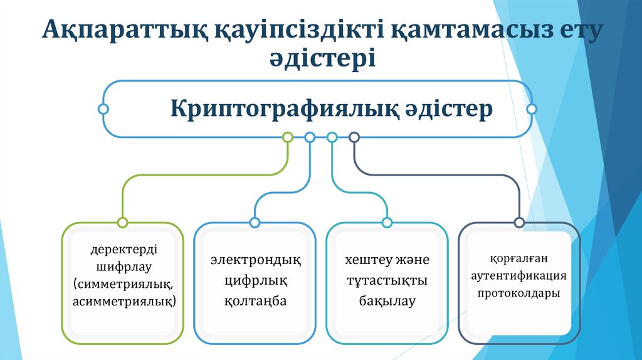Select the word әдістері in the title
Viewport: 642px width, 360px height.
321,60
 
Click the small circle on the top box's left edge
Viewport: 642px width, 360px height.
103,109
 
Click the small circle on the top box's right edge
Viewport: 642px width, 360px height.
532,109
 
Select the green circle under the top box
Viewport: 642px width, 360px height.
288,137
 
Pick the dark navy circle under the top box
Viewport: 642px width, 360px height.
354,137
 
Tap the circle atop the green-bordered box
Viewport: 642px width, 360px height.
122,222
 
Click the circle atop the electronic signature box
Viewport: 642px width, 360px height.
255,222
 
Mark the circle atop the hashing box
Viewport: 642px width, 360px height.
387,222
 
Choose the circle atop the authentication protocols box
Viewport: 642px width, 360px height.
519,222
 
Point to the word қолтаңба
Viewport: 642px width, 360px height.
255,301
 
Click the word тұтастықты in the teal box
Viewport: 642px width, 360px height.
387,280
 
